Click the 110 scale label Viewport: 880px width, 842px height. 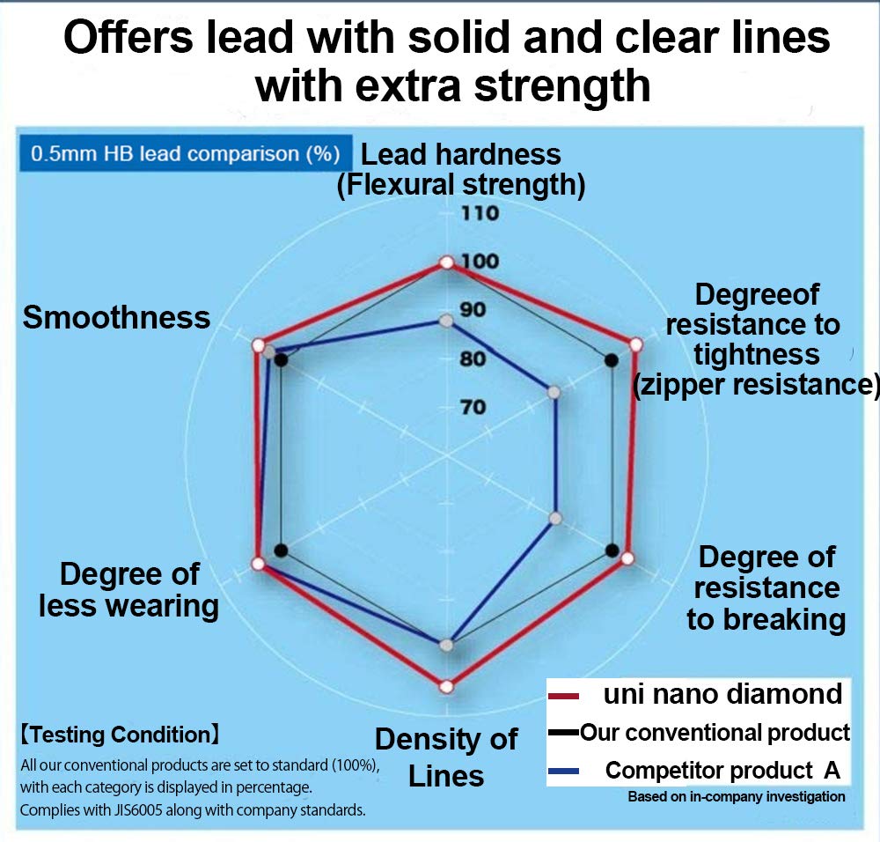coord(480,213)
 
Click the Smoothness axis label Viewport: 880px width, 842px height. coord(116,317)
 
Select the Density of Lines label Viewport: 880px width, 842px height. coord(446,757)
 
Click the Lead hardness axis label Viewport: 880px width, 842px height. coord(461,169)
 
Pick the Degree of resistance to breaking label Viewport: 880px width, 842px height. coord(766,587)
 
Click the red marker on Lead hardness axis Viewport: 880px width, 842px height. coord(446,262)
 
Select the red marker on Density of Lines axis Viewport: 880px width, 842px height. coord(446,686)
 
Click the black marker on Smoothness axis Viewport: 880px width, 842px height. coord(281,359)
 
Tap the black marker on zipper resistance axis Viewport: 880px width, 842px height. coord(612,359)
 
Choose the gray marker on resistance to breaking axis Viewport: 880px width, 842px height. coord(554,518)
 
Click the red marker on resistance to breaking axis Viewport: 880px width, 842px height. coord(627,558)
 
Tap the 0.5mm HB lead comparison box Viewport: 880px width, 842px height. coord(185,153)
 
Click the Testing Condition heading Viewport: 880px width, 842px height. coord(120,733)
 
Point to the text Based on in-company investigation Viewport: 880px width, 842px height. coord(736,797)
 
